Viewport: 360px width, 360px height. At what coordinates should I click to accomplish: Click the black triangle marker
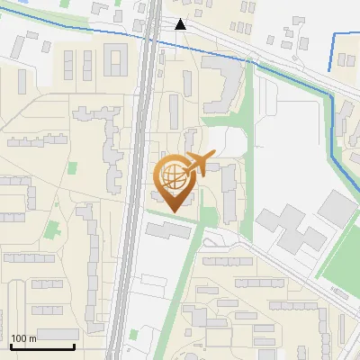[181, 24]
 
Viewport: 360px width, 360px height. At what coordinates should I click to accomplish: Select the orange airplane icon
[199, 163]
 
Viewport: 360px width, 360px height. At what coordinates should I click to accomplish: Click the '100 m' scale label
[23, 338]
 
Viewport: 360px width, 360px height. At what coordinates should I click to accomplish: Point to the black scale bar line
[42, 346]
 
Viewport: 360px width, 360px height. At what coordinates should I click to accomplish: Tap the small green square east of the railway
[134, 335]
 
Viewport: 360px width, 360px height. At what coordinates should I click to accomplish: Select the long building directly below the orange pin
[170, 230]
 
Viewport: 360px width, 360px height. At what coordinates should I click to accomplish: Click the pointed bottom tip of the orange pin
[174, 211]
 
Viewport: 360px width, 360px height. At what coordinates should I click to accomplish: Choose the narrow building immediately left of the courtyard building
[89, 63]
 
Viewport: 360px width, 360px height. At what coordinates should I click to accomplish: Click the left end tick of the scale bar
[11, 346]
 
